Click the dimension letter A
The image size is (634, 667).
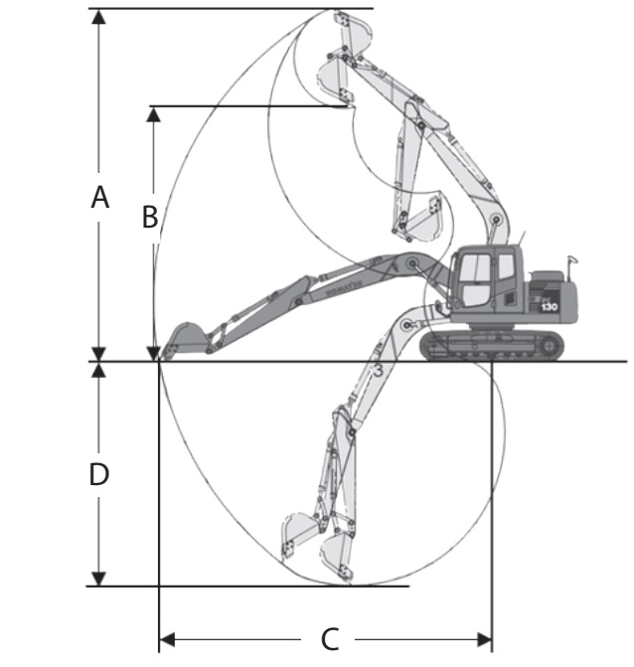click(x=98, y=198)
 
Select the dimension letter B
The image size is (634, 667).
click(x=149, y=216)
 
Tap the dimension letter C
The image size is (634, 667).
click(x=329, y=637)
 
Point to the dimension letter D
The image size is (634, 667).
click(x=98, y=474)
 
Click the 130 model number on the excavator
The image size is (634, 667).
click(x=549, y=307)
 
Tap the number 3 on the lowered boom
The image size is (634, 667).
click(x=377, y=371)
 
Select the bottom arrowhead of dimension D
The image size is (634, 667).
click(x=98, y=578)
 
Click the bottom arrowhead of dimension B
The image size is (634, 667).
click(x=153, y=352)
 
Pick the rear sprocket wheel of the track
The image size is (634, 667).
click(x=550, y=345)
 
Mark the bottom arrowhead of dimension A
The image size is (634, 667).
click(x=98, y=353)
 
